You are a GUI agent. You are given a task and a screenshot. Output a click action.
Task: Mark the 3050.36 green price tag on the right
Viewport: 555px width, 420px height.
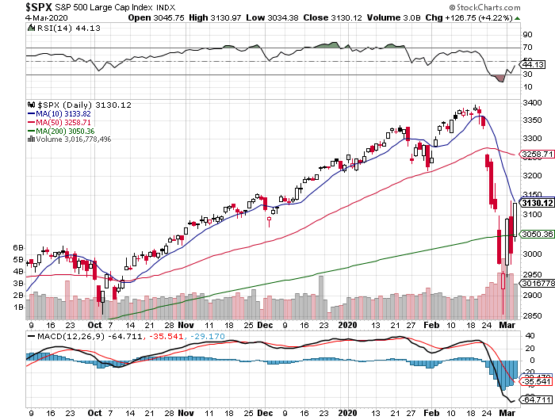click(536, 235)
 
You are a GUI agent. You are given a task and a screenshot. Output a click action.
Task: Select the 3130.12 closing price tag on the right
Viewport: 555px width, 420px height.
click(536, 204)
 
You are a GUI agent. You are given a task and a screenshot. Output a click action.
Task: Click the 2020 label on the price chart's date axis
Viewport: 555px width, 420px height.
click(348, 324)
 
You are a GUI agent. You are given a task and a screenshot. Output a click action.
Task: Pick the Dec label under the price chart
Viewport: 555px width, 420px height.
click(266, 324)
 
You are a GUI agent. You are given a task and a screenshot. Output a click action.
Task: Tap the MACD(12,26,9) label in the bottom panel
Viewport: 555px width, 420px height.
click(63, 336)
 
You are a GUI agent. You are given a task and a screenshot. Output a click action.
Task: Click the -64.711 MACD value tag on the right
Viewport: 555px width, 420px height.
click(536, 400)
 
